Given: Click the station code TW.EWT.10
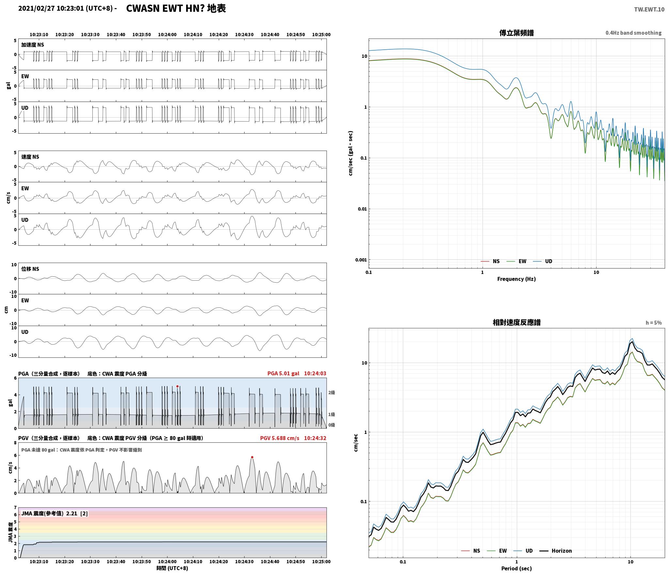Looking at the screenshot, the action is tap(649, 9).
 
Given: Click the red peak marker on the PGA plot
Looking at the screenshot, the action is tap(177, 386).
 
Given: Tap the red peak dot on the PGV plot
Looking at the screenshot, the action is tap(252, 457).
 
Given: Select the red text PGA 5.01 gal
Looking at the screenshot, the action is tap(283, 373).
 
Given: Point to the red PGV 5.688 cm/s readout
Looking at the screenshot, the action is tap(279, 438).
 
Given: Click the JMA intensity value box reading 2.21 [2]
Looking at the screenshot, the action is tap(54, 514).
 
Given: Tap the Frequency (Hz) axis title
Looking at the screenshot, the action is tap(516, 279).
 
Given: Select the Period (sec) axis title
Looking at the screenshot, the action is tap(516, 568).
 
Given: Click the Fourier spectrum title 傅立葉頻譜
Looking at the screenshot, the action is tap(517, 33).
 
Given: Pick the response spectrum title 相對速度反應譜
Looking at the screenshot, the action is tap(517, 322).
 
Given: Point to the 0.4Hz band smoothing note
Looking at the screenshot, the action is tap(633, 33).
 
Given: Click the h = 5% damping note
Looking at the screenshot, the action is tap(654, 323).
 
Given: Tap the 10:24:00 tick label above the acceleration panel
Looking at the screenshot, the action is tap(167, 35).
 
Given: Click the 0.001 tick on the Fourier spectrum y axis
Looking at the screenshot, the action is tap(361, 260).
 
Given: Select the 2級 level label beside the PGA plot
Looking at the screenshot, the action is tap(332, 392).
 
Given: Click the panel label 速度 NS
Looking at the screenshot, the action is tap(30, 157).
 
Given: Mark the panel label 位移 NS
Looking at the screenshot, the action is tap(30, 269).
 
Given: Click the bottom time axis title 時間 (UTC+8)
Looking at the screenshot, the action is tap(172, 568).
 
